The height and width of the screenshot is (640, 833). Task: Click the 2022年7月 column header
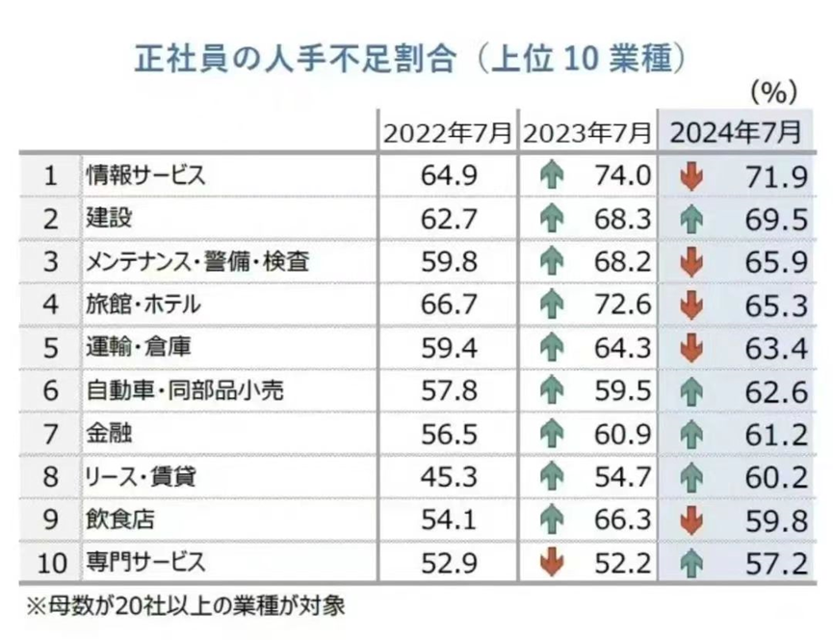(445, 133)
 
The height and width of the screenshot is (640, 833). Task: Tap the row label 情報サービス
(144, 176)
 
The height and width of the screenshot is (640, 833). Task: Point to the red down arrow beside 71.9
(691, 176)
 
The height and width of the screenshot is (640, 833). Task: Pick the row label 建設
(107, 219)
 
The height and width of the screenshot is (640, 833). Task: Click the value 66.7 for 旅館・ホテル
(448, 306)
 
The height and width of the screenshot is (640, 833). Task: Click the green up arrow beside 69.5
(691, 220)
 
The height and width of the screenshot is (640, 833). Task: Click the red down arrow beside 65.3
(691, 306)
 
